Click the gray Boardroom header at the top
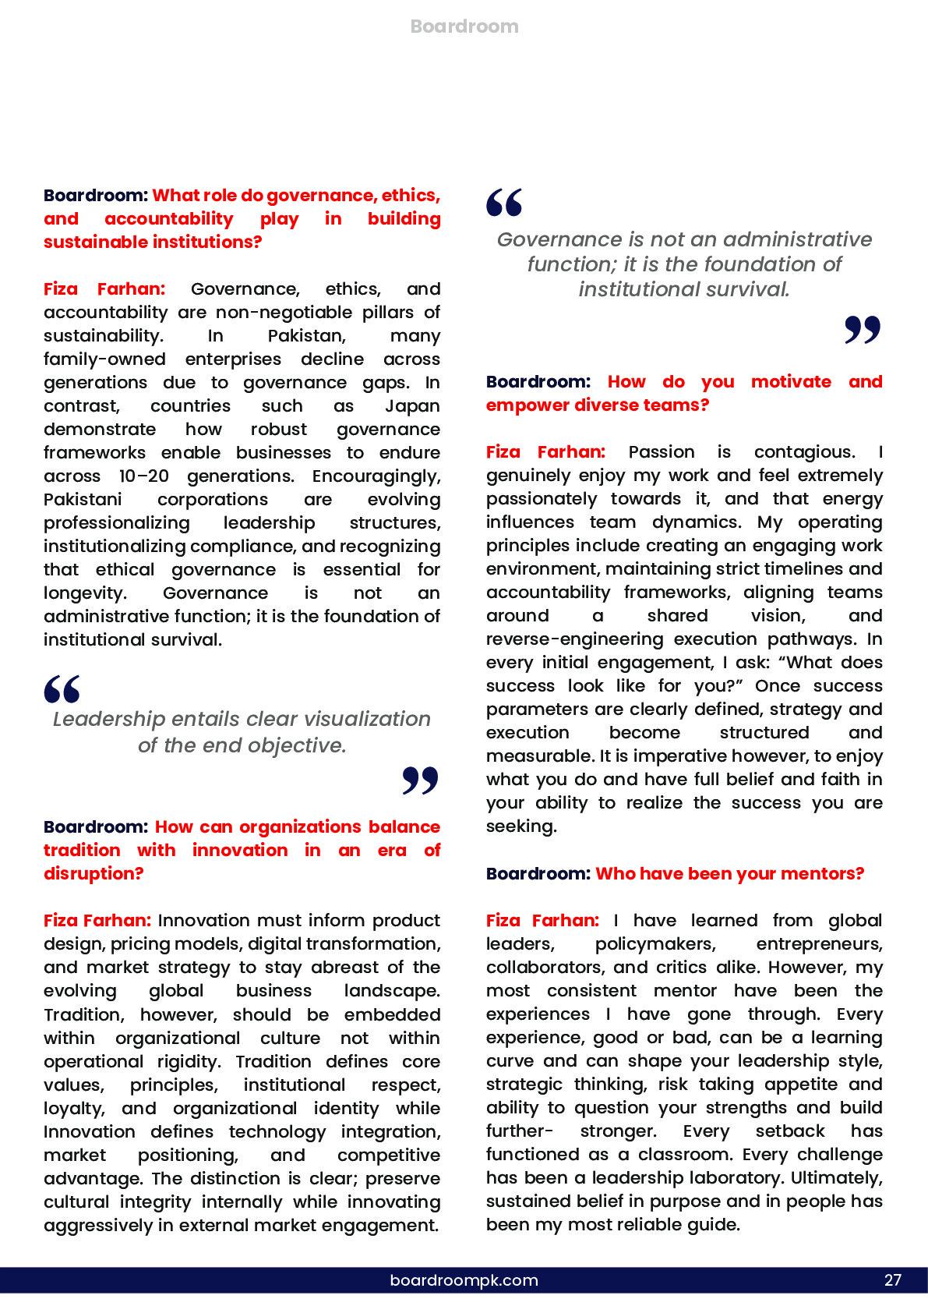[464, 27]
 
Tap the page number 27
[892, 1279]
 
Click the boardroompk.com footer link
[464, 1279]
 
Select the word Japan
[412, 406]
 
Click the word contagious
[803, 452]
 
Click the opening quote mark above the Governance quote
[504, 202]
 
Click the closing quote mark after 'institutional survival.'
[863, 330]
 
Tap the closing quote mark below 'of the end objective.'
[421, 780]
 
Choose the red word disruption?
[94, 873]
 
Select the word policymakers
[655, 944]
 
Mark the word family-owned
[104, 359]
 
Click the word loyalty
[76, 1109]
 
